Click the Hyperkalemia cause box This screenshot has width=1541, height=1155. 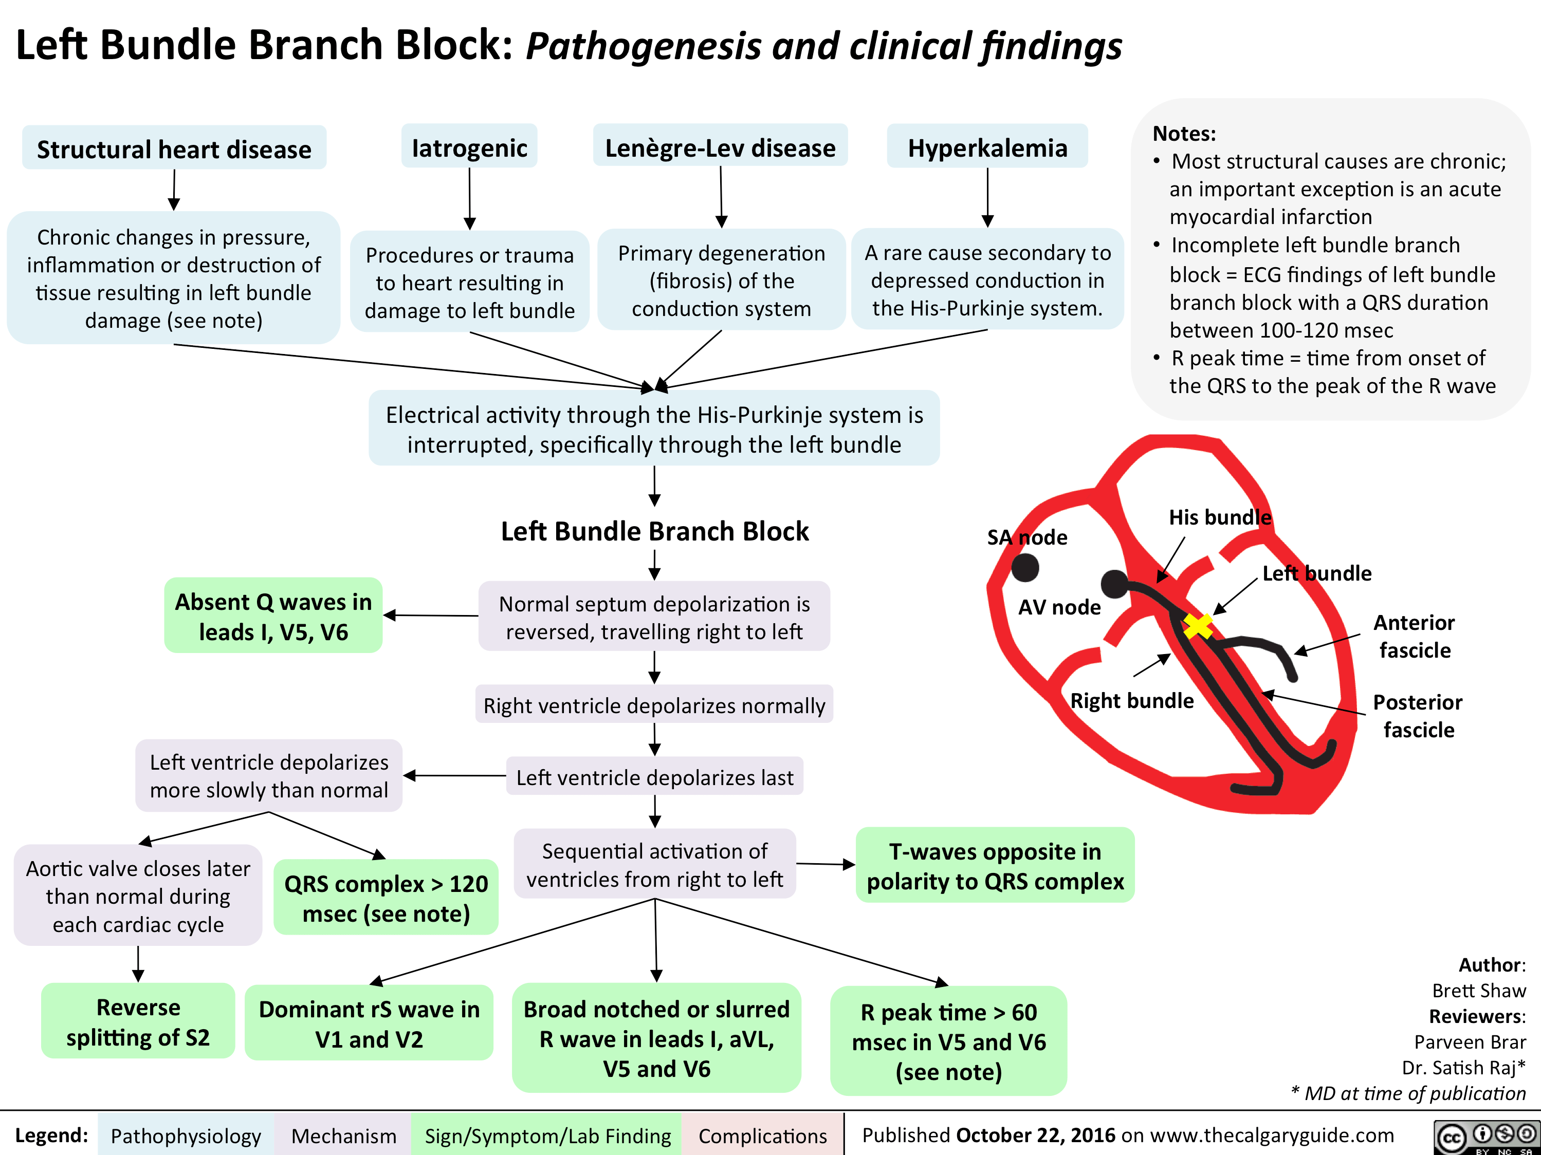(x=987, y=147)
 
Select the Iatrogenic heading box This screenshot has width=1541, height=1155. (x=469, y=147)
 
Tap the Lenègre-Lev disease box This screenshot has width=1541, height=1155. (x=720, y=147)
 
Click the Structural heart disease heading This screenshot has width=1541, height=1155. (x=174, y=148)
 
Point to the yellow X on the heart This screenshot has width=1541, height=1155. (x=1198, y=626)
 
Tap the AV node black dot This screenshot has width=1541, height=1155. (x=1115, y=584)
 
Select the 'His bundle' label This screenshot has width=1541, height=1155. (x=1220, y=517)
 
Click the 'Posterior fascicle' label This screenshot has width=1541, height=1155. (x=1418, y=716)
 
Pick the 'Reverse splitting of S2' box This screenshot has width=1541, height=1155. (x=138, y=1021)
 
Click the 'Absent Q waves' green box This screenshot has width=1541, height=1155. (x=273, y=616)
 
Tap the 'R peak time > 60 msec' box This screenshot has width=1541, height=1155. (x=949, y=1041)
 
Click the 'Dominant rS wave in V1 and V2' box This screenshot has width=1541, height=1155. (x=369, y=1023)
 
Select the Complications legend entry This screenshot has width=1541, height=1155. (x=762, y=1135)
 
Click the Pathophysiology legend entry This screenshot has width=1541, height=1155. (x=186, y=1135)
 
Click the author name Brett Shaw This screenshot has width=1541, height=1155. (x=1478, y=990)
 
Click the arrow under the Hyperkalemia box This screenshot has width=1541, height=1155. (x=987, y=198)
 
